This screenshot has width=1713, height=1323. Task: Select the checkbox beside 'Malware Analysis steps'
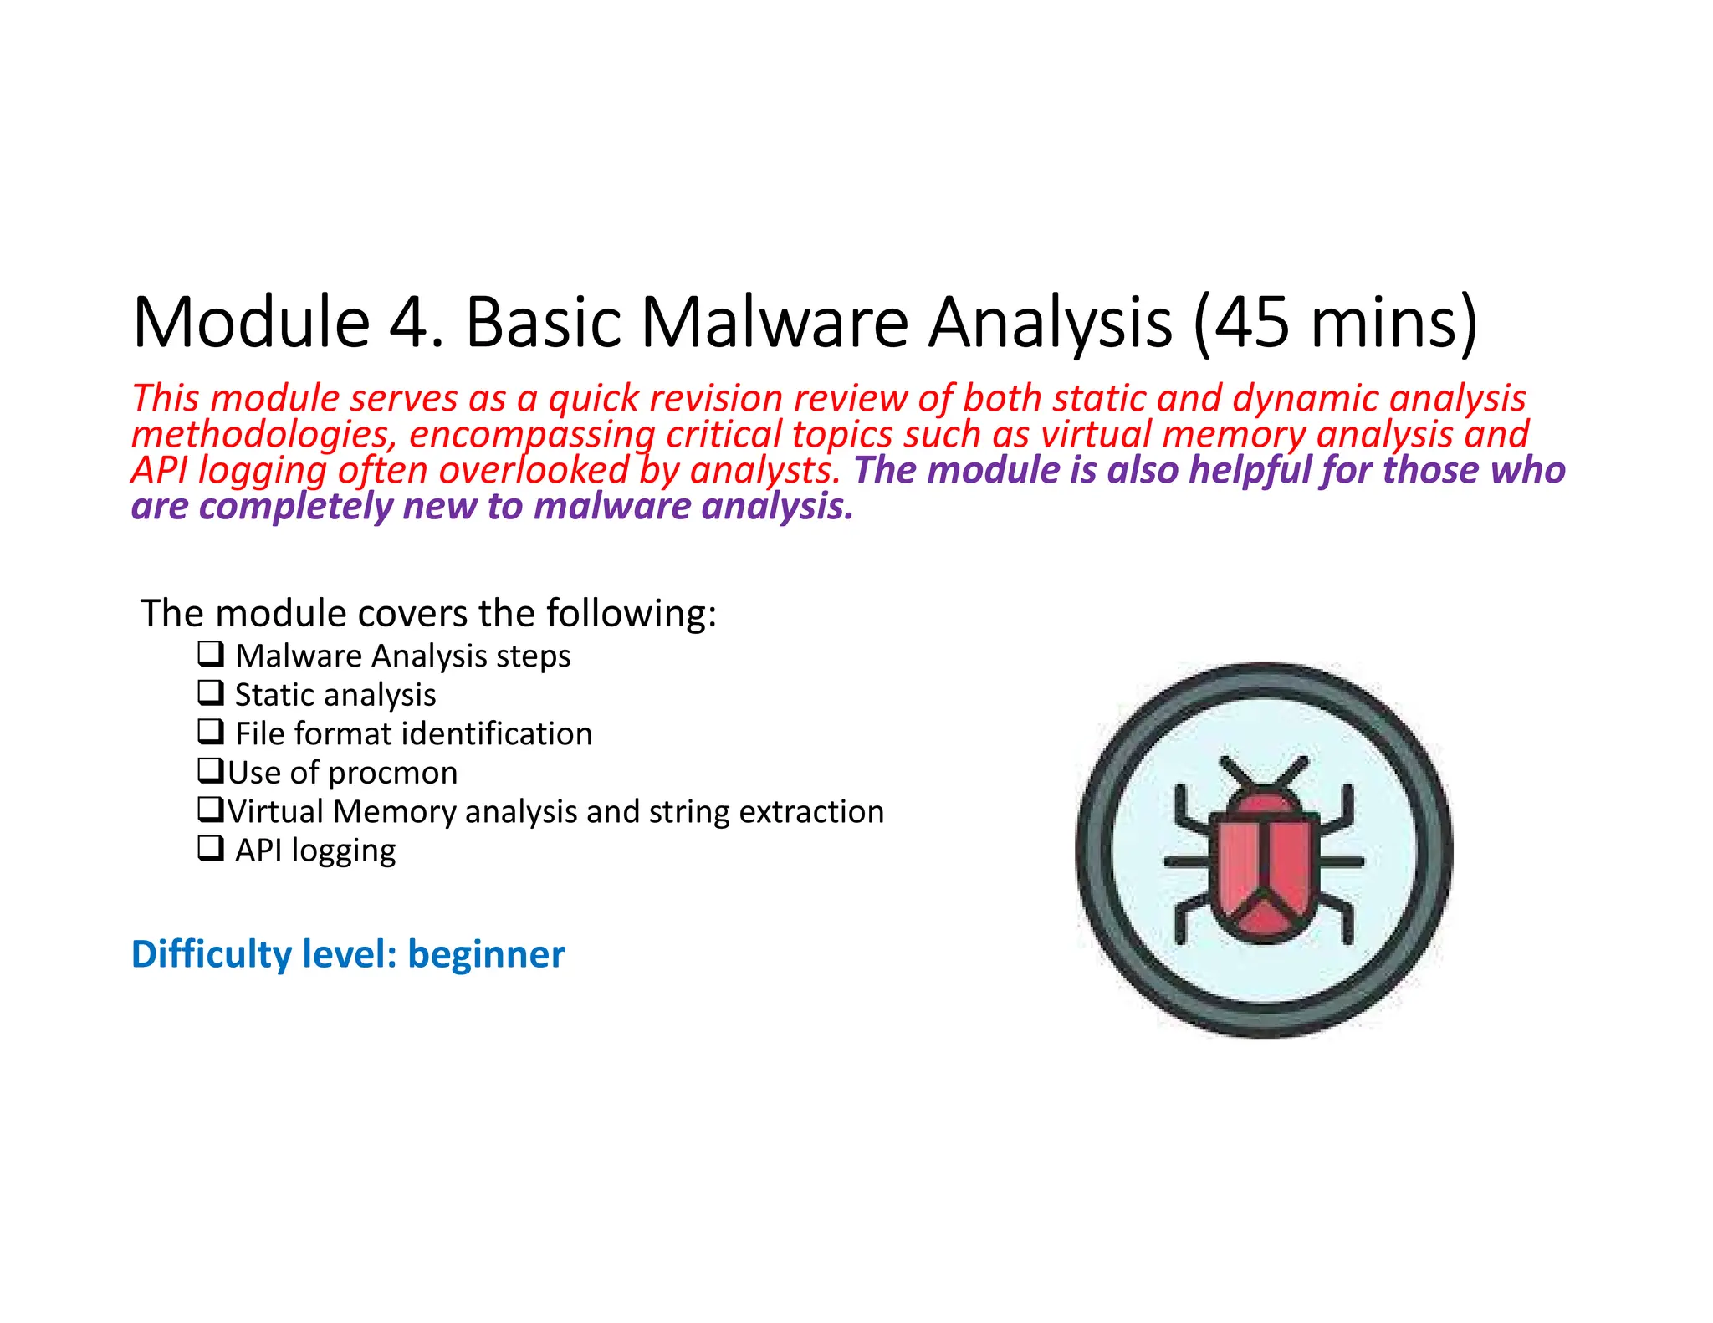pos(211,653)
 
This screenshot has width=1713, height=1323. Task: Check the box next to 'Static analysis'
pos(211,692)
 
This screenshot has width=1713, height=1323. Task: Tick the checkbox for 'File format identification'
pos(211,731)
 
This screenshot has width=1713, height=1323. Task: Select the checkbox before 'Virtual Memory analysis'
pos(211,809)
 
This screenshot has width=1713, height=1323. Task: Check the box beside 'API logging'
pos(211,848)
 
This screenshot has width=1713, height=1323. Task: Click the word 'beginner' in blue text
pos(486,954)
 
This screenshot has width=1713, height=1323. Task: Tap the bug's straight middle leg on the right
pos(1338,861)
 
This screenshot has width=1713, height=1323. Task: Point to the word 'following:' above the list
pos(632,614)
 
